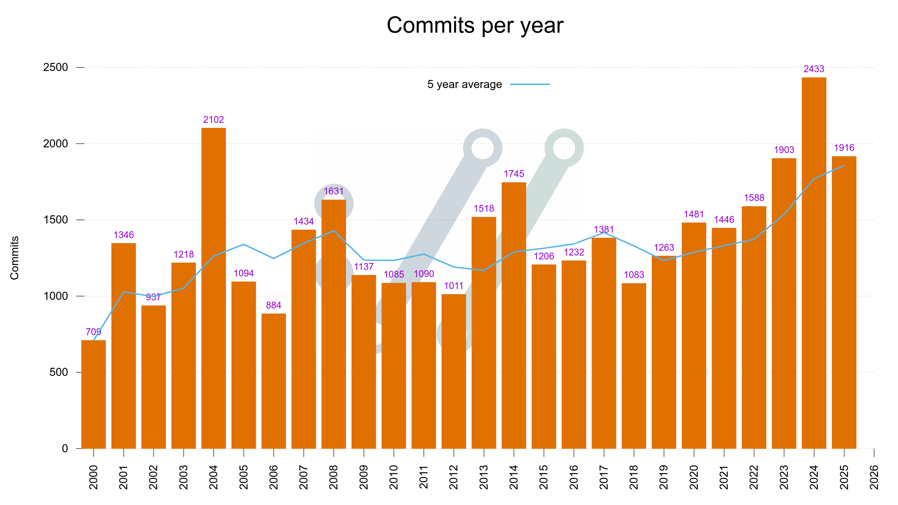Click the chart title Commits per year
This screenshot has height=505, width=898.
coord(475,25)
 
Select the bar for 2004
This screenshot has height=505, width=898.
coord(213,288)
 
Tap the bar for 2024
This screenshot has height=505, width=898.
coord(814,263)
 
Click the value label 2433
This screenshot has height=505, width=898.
coord(814,69)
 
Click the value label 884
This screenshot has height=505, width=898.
coord(274,306)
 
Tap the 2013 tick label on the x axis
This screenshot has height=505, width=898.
coord(483,477)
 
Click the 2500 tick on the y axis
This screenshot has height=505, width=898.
coord(55,67)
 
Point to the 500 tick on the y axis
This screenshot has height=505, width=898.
coord(59,372)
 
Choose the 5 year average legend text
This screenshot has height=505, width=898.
coord(464,84)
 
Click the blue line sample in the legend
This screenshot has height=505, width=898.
coord(530,84)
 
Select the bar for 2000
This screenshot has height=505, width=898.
coord(93,394)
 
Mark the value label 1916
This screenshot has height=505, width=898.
coord(844,148)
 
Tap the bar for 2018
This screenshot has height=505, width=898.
coord(634,365)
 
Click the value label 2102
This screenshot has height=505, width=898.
coord(213,120)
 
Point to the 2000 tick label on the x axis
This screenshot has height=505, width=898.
coord(93,477)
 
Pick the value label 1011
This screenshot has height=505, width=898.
coord(453,286)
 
